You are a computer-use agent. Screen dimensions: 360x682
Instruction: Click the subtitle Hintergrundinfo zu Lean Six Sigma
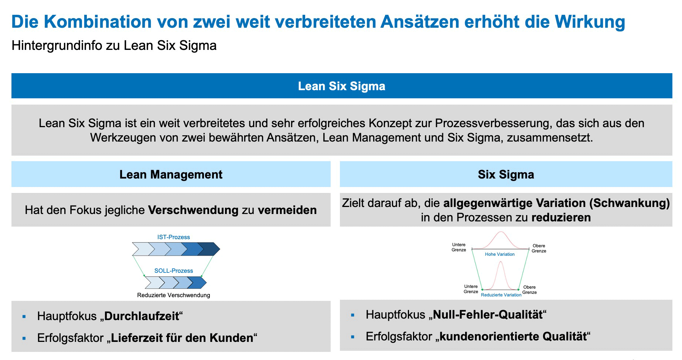[114, 45]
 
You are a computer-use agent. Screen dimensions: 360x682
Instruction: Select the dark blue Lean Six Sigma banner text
[341, 86]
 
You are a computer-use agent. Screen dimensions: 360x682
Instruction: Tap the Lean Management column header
[171, 174]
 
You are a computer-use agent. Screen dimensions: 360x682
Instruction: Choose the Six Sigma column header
[506, 174]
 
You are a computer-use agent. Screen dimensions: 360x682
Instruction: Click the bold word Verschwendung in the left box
[193, 210]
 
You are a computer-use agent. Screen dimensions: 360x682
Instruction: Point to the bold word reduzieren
[561, 217]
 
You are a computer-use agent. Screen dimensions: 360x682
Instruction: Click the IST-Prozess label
[173, 237]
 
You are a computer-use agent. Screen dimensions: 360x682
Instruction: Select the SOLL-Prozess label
[173, 271]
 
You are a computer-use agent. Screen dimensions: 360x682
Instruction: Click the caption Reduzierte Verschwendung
[173, 295]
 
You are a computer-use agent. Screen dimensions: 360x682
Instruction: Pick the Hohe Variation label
[499, 254]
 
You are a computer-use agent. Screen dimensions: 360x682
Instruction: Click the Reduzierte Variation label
[501, 295]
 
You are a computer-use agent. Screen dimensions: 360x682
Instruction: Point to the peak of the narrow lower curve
[501, 262]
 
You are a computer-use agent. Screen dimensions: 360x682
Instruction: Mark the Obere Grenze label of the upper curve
[539, 248]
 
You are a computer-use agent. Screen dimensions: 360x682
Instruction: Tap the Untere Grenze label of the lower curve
[471, 289]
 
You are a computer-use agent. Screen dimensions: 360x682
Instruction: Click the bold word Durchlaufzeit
[141, 316]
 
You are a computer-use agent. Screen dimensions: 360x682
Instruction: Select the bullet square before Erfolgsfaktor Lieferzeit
[24, 338]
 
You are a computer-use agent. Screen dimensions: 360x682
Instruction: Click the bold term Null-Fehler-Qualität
[488, 315]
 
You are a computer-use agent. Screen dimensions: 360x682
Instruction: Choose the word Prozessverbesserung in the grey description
[493, 123]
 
